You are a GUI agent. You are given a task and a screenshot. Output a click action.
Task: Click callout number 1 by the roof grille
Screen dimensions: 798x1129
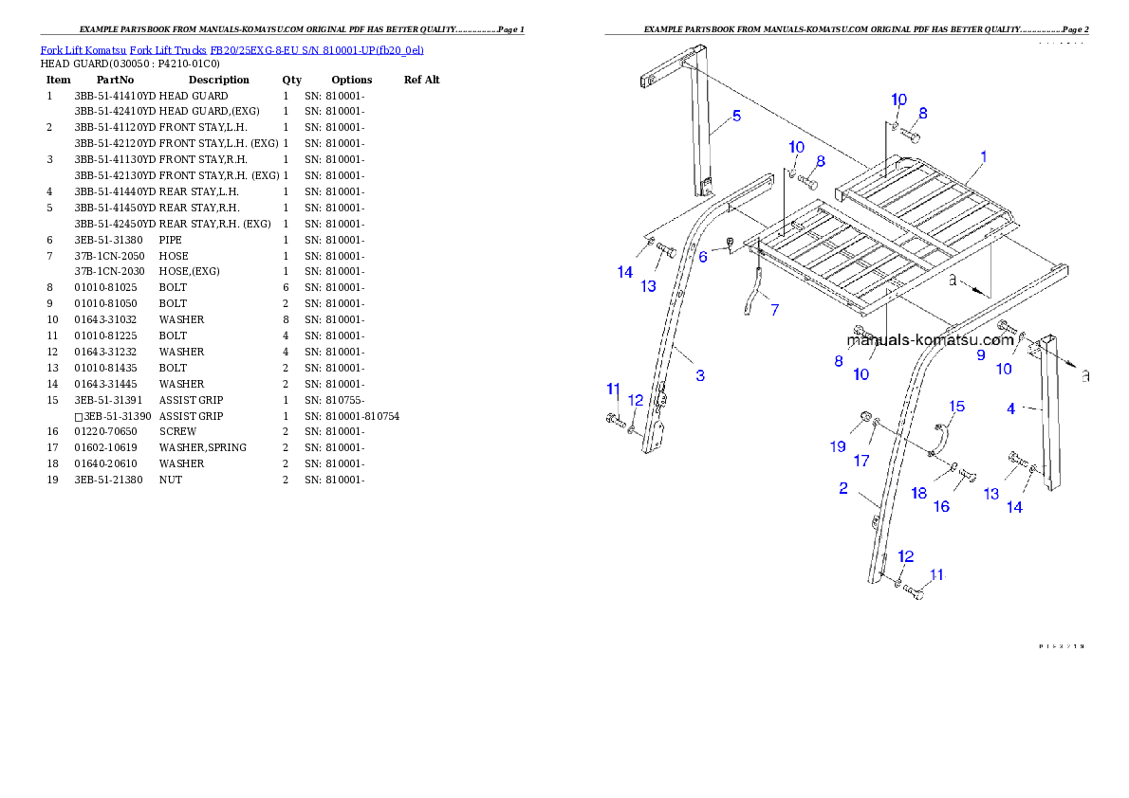(x=984, y=157)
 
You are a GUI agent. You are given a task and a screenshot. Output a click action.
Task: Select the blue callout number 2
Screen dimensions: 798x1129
(x=842, y=489)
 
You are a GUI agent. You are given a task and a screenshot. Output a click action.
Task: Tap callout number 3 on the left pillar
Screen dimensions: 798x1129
(x=700, y=375)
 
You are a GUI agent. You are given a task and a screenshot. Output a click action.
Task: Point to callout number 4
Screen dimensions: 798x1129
(x=1011, y=409)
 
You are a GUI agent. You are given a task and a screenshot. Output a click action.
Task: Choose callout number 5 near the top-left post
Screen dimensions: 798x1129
(x=736, y=117)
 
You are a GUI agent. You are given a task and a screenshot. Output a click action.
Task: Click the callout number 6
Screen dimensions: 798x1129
(x=703, y=256)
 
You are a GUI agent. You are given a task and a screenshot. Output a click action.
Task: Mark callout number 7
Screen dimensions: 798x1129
(x=775, y=310)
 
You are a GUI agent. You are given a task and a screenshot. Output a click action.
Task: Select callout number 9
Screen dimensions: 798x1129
(x=981, y=355)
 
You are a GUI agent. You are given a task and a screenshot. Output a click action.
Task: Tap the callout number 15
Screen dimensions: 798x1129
(x=957, y=407)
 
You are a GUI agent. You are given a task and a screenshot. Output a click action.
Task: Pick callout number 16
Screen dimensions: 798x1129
(x=941, y=506)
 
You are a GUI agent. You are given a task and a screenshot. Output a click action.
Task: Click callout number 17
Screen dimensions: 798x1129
(x=861, y=461)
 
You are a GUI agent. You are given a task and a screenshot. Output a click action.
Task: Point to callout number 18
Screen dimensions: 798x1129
(x=918, y=493)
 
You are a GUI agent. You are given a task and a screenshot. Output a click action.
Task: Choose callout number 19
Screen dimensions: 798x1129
(x=839, y=445)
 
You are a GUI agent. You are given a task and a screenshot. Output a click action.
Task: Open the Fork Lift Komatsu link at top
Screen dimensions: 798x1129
(x=231, y=49)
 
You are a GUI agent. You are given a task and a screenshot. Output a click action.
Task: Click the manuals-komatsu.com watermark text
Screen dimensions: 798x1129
(x=930, y=340)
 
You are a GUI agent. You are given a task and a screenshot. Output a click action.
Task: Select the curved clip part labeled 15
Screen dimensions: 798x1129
(x=939, y=440)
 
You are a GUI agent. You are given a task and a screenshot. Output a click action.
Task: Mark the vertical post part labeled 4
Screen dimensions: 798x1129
(x=1047, y=417)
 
